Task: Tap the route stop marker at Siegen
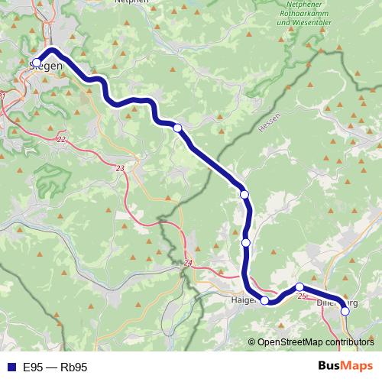click(37, 63)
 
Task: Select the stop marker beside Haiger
click(265, 301)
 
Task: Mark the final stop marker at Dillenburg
click(345, 311)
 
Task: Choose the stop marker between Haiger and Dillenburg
click(299, 287)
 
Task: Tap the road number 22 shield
click(61, 138)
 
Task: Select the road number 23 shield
click(120, 167)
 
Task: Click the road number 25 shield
click(302, 295)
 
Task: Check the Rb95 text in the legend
click(74, 367)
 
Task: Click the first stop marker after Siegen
click(178, 128)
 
